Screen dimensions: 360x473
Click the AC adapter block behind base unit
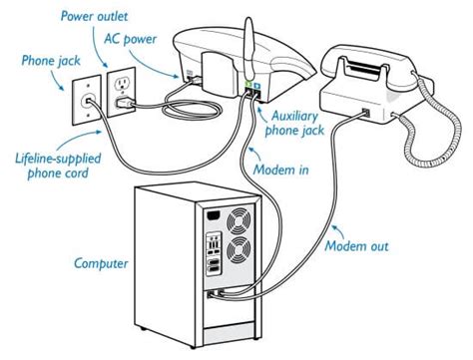(x=210, y=72)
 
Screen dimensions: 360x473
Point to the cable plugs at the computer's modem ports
(x=217, y=294)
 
